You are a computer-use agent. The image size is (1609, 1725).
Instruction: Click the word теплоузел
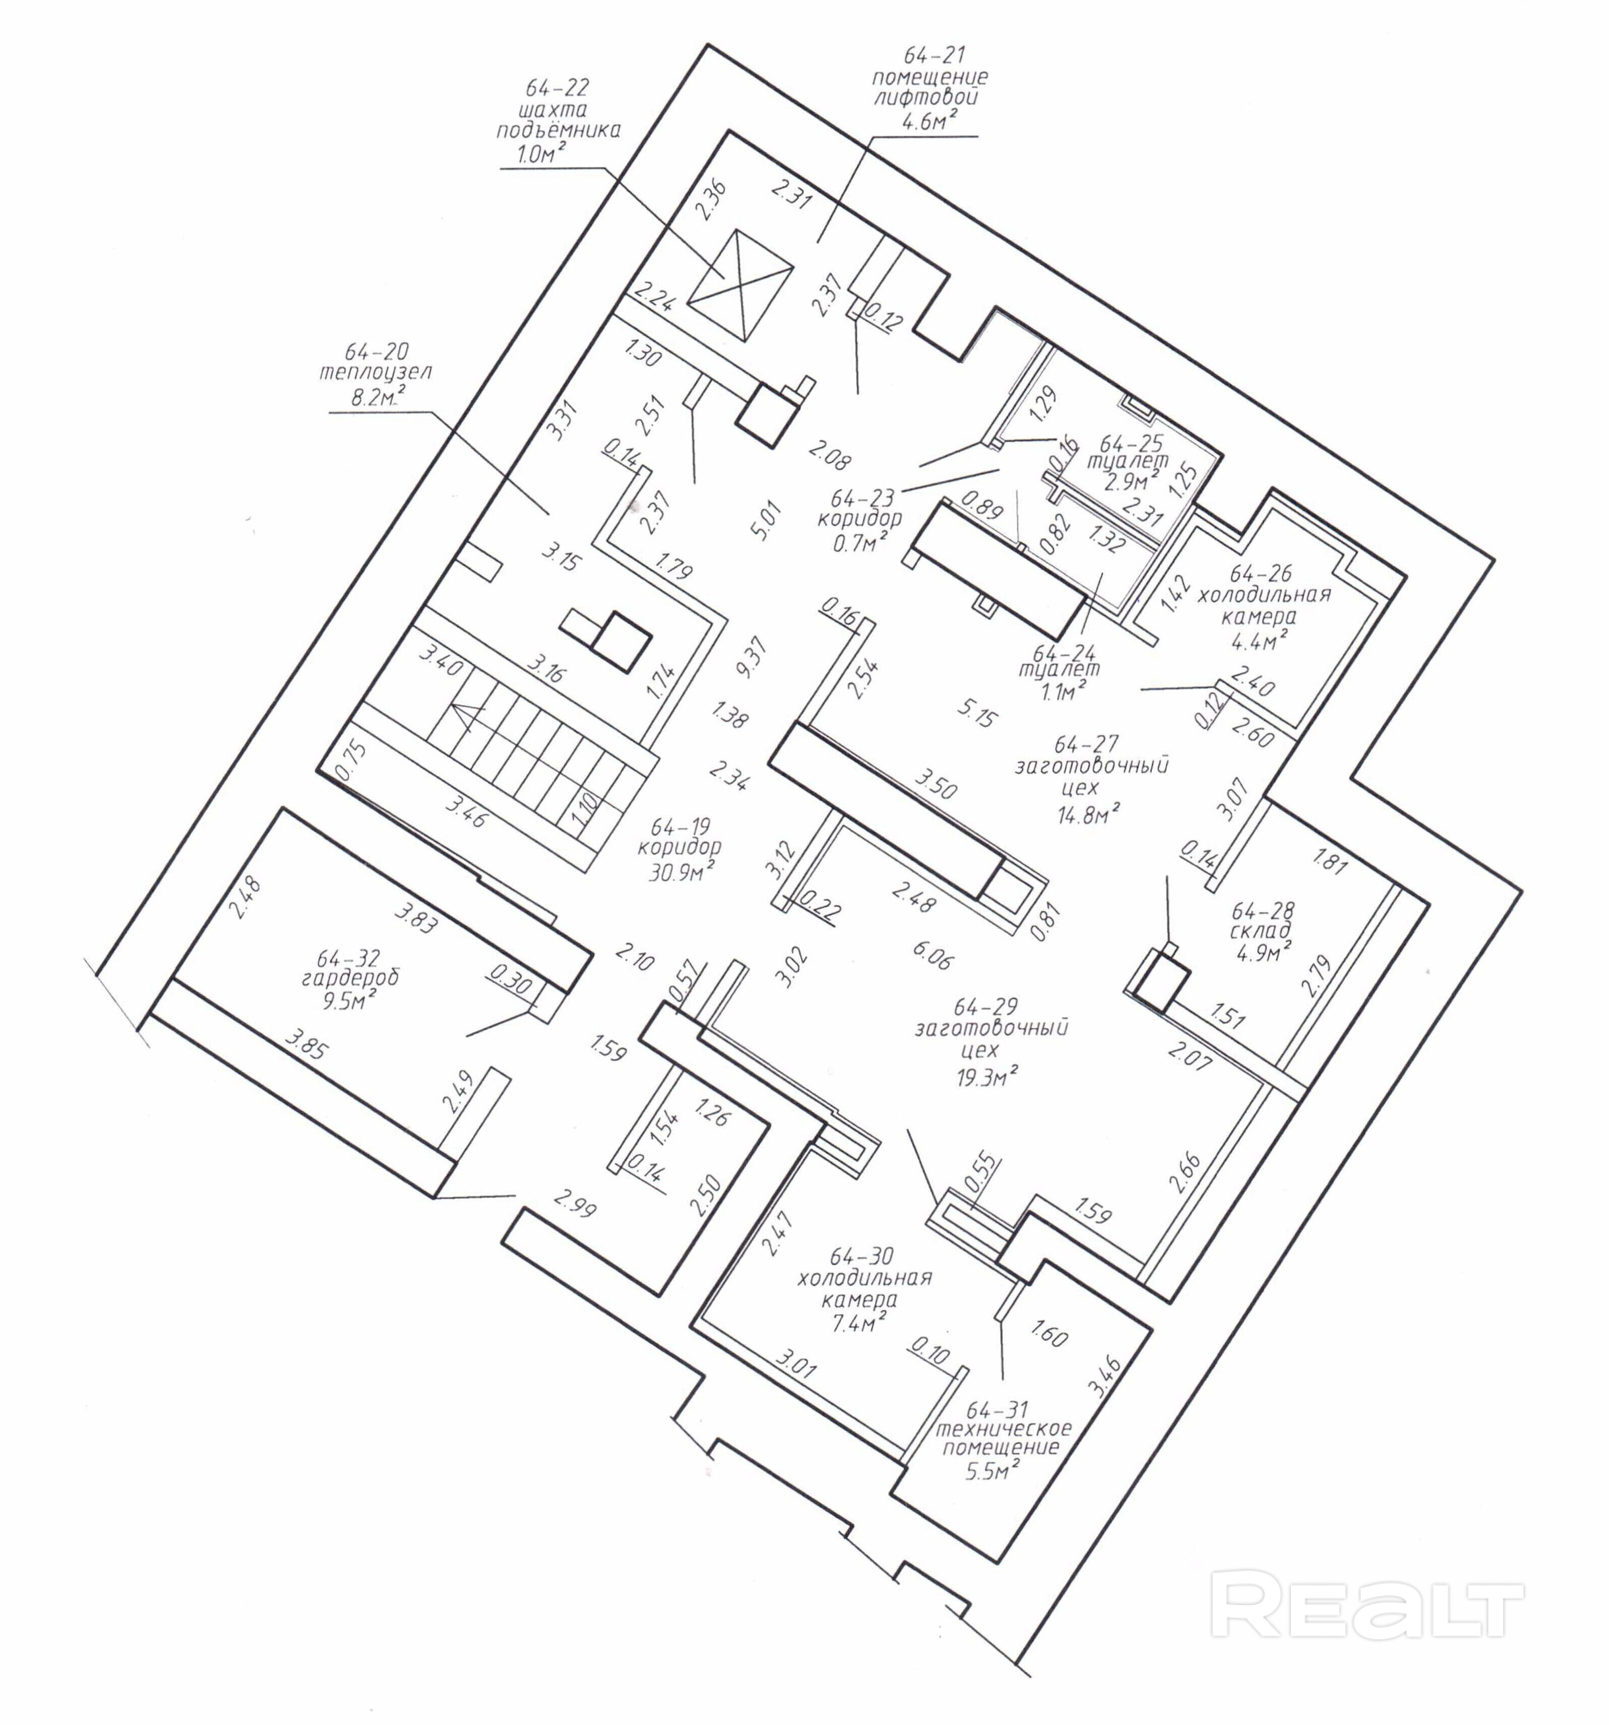coord(375,374)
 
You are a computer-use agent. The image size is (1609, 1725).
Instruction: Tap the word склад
coord(1260,931)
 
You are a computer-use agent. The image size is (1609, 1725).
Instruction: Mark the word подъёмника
coord(559,131)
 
